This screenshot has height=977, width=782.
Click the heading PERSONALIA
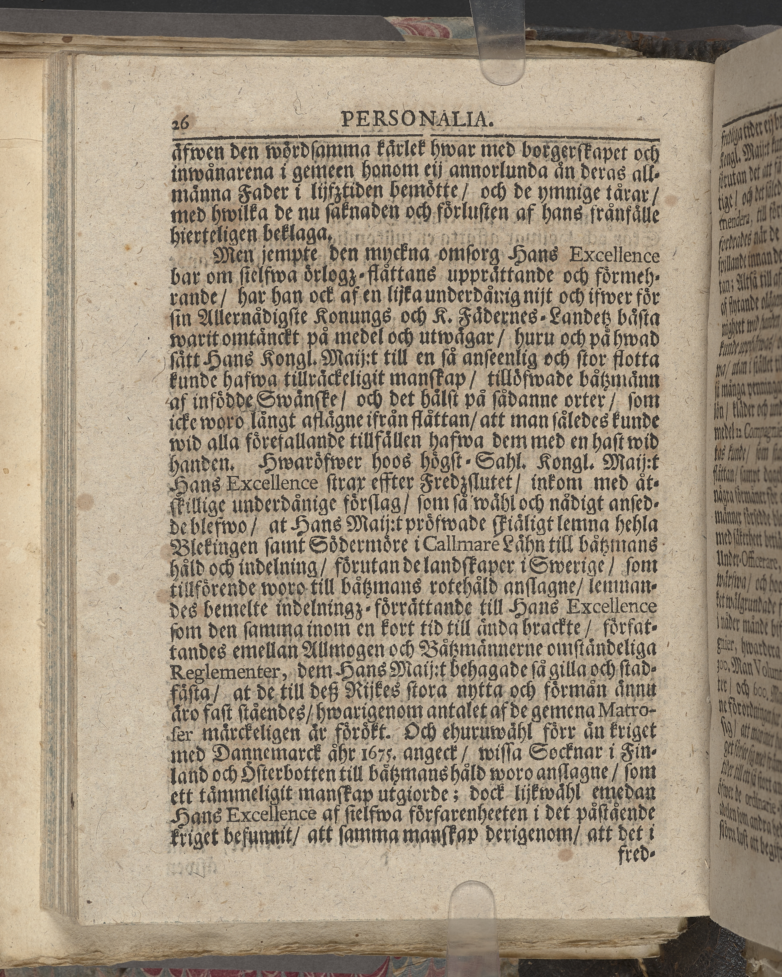pyautogui.click(x=416, y=120)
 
